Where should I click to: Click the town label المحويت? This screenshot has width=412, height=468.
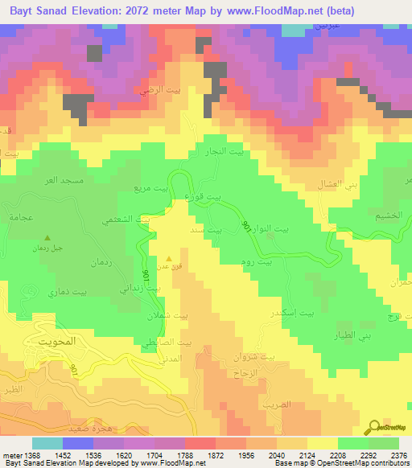[56, 341]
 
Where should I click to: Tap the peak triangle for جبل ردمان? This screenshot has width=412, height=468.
[47, 238]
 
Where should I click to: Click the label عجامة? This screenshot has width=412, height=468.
[19, 217]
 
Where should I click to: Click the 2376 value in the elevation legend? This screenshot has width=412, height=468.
[393, 455]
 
